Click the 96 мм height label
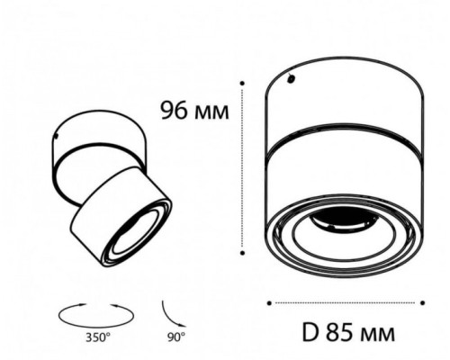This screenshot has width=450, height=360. [195, 111]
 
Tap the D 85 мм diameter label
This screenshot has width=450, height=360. [348, 333]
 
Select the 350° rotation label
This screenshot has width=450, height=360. [98, 337]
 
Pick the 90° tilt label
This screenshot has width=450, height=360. [176, 337]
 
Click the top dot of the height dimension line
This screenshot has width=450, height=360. [242, 83]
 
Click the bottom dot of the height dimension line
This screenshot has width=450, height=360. [242, 253]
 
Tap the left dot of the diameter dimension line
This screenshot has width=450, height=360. [269, 303]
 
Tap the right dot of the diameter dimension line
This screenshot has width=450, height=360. [423, 303]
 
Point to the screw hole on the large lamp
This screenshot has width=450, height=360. [291, 79]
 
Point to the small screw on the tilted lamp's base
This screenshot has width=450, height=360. [56, 136]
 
